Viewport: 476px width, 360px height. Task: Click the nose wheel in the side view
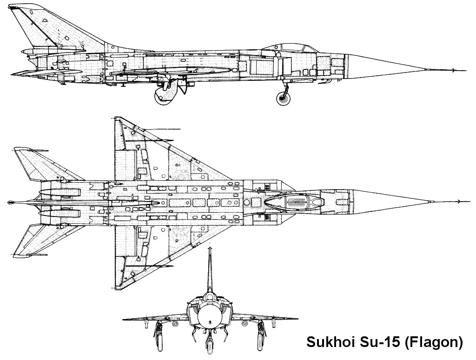[x=284, y=98]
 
